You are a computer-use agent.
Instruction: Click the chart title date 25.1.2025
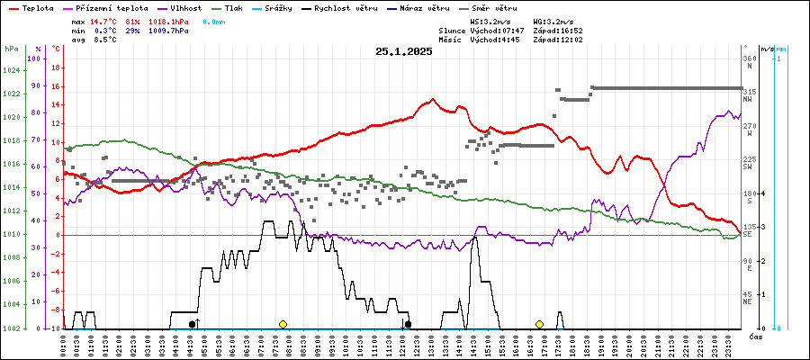pos(404,52)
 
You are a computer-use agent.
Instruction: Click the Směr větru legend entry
pos(494,7)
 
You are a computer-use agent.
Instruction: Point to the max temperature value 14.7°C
pos(104,20)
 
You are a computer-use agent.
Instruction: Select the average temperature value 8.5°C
pos(107,40)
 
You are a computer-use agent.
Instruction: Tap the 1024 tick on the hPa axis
pos(11,70)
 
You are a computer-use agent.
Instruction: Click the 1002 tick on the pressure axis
pos(11,328)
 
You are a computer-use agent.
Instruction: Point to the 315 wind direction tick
pos(749,92)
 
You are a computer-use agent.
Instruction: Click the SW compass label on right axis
pos(748,167)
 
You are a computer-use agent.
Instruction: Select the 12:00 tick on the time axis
pos(401,344)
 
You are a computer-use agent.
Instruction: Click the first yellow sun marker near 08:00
pos(283,324)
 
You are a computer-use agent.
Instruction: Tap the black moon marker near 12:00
pos(408,324)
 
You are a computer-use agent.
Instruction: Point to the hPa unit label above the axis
pos(11,48)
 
